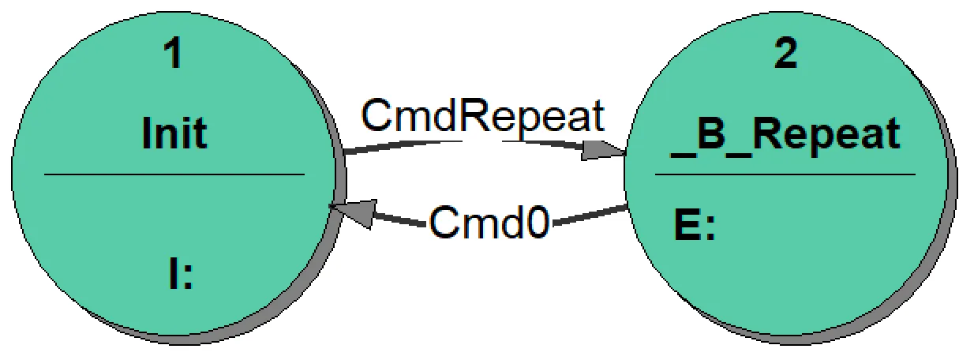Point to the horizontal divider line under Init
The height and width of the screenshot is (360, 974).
[174, 174]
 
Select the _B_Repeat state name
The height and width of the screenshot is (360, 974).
[785, 135]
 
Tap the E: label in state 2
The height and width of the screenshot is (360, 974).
[694, 227]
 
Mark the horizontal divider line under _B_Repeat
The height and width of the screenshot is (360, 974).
[785, 174]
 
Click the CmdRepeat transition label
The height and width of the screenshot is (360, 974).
[483, 117]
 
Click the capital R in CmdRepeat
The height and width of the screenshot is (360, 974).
[475, 117]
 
